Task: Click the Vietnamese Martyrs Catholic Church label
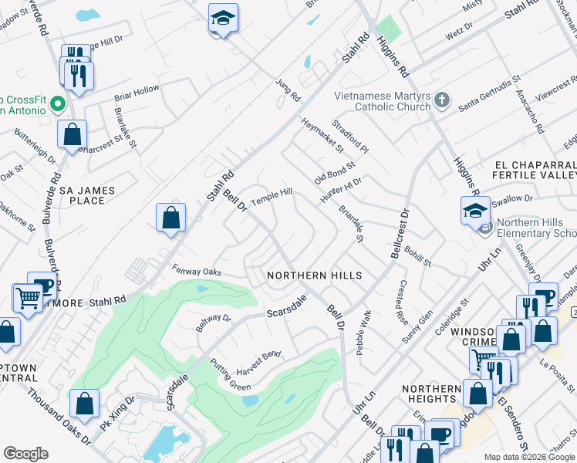pos(382,101)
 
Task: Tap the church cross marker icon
pos(442,100)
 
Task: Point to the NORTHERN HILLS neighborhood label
pos(314,275)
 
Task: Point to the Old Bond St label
pos(334,172)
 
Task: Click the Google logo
pos(25,454)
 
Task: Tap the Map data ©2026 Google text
pos(530,457)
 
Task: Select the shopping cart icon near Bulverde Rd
pos(28,298)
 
